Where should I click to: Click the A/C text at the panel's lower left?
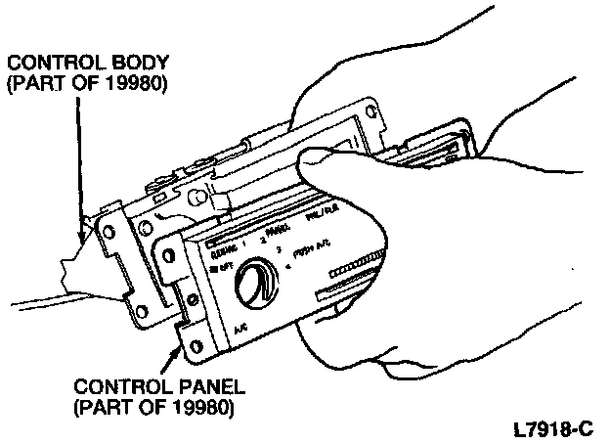[x=240, y=330]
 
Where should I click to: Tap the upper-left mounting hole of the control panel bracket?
[x=168, y=252]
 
